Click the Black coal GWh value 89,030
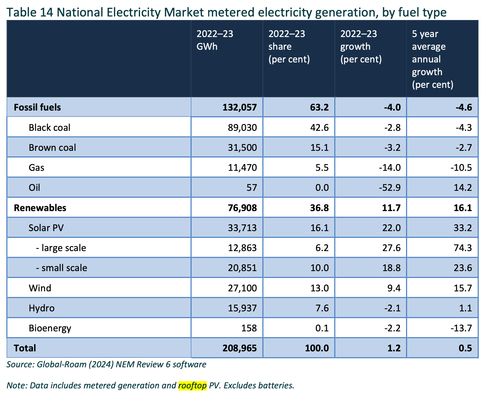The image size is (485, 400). [242, 127]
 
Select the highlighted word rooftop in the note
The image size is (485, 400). [192, 385]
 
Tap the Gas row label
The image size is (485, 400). [36, 168]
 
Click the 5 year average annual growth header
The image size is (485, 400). [432, 59]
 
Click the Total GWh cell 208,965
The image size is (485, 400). [240, 348]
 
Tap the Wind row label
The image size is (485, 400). [40, 288]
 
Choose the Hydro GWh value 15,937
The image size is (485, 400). [242, 308]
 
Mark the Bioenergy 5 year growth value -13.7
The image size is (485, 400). [461, 328]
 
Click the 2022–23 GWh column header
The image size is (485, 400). [215, 40]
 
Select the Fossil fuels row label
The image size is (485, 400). [37, 107]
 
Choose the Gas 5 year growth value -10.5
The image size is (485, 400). [461, 168]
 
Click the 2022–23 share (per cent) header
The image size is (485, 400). [289, 46]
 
